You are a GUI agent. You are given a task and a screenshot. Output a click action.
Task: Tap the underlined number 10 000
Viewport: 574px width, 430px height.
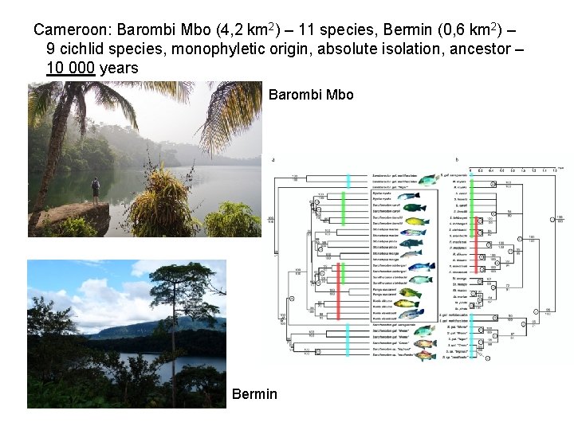pos(71,68)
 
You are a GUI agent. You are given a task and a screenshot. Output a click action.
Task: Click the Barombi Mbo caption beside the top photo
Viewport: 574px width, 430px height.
pos(311,95)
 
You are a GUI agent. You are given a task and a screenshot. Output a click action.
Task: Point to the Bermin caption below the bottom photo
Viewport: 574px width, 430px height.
pos(254,393)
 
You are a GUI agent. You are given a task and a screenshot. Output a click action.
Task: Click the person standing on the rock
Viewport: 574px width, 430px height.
pos(95,190)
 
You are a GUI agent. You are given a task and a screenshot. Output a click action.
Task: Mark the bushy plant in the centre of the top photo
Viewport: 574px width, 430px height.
pos(163,203)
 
